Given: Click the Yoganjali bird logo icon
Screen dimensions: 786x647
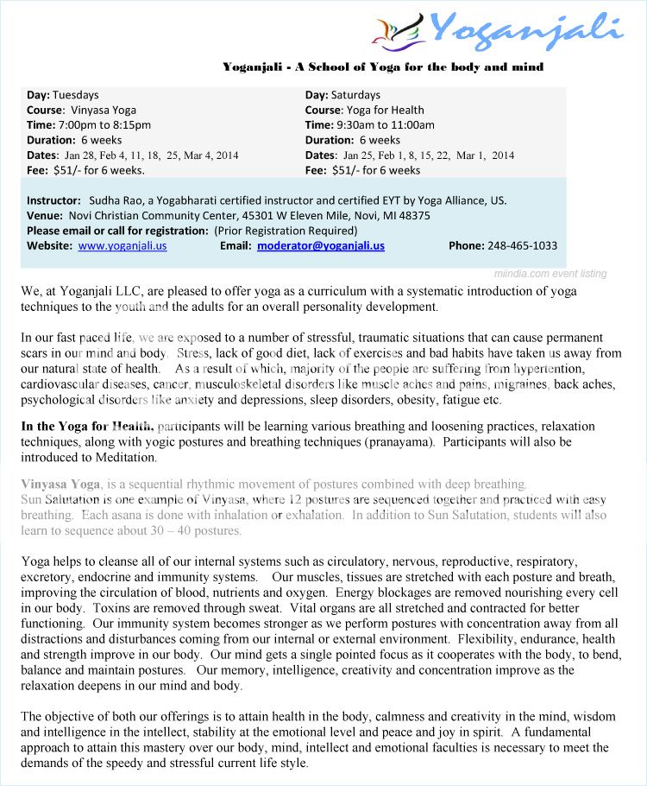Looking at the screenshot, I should [x=399, y=30].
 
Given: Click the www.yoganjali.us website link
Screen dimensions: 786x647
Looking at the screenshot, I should [x=122, y=246].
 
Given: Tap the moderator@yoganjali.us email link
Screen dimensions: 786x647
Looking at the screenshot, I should [x=321, y=246].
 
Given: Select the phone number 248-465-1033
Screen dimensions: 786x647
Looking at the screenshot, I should [x=522, y=246].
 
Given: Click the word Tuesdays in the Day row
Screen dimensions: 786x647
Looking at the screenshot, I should [x=75, y=95].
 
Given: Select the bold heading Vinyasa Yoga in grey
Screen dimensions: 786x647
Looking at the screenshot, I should [x=61, y=485].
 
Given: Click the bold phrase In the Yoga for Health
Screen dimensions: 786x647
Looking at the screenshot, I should [x=87, y=427].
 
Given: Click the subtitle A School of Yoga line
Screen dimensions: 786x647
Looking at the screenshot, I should [x=383, y=67].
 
